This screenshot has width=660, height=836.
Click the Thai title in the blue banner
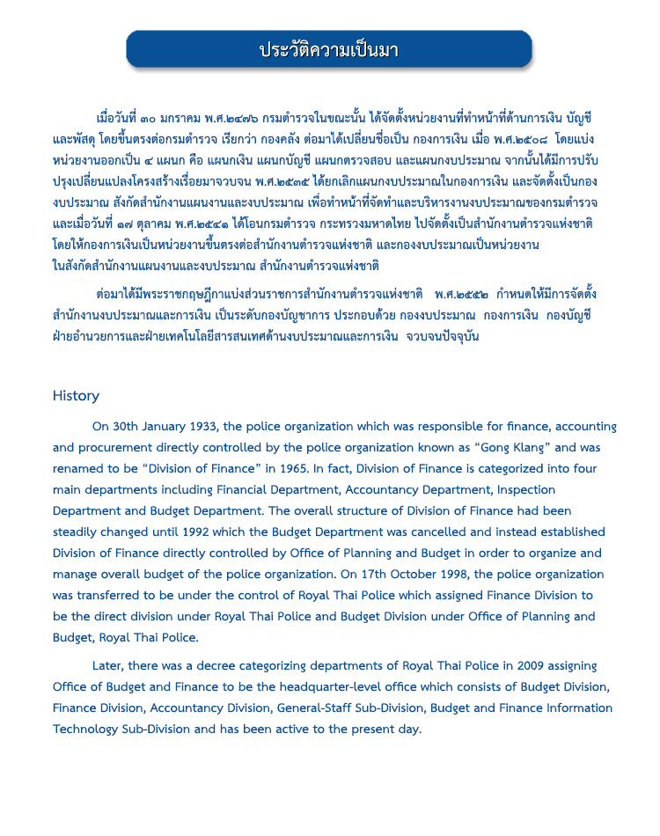tap(329, 49)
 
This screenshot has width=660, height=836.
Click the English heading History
tap(76, 396)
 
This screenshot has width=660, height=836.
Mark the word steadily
tap(78, 532)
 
